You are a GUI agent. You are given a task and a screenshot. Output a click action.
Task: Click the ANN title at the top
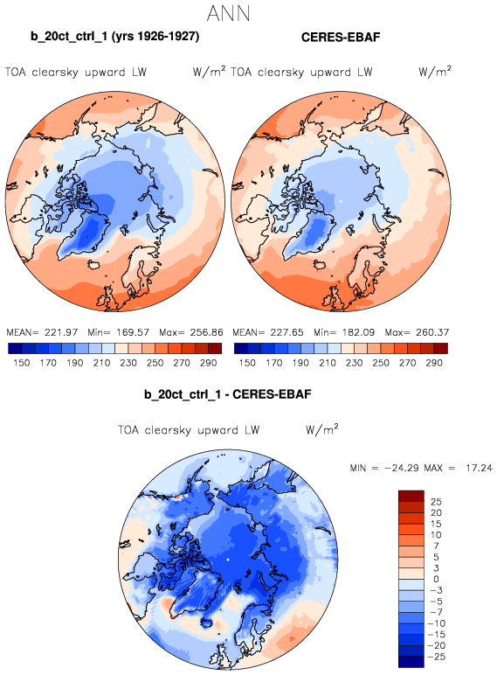[228, 13]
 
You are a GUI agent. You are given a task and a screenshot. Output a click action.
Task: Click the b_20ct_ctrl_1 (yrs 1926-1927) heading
[114, 37]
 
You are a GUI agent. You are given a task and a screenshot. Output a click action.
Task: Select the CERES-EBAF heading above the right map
[341, 38]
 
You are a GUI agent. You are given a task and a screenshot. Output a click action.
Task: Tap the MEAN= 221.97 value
[42, 332]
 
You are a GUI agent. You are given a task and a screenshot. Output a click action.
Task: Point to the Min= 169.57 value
[118, 332]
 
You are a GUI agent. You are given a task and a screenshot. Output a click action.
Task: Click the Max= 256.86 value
[191, 332]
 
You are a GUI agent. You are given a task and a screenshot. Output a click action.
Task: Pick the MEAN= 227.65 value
[268, 332]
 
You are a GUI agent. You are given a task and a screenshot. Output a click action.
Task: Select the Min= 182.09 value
[344, 332]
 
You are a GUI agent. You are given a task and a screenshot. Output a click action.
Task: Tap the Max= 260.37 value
[417, 332]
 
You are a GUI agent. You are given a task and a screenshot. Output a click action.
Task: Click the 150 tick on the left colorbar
[22, 363]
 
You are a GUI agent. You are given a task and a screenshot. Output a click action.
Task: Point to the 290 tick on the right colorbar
[434, 363]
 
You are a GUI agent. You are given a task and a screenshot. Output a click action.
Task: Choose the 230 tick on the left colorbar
[128, 363]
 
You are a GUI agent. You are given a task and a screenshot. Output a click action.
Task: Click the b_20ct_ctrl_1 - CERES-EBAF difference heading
[227, 394]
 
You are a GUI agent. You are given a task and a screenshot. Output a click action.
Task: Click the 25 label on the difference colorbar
[436, 502]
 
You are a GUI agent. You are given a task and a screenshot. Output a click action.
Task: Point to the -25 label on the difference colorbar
[436, 657]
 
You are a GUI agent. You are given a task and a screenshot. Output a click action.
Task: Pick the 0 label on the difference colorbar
[436, 580]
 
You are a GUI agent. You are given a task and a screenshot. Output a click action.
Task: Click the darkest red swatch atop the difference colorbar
[411, 496]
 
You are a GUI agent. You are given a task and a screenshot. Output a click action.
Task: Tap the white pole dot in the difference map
[228, 560]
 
